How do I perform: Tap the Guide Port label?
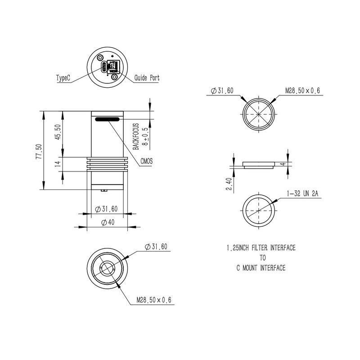point(147,78)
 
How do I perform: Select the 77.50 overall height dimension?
point(39,151)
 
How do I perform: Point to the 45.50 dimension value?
point(58,133)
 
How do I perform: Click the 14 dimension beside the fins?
point(58,164)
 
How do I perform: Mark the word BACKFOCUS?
point(135,137)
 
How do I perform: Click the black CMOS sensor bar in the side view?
point(108,119)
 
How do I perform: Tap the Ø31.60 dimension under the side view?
point(107,209)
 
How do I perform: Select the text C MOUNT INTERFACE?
point(261,268)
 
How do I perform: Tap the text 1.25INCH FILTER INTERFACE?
point(261,248)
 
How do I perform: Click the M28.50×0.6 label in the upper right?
point(302,90)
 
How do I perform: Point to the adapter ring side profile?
point(258,164)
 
